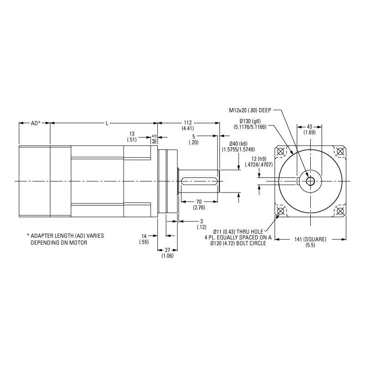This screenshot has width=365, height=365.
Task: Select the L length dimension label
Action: click(x=106, y=123)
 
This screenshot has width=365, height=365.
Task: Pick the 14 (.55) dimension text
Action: click(x=144, y=239)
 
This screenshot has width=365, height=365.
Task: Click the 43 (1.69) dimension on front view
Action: click(x=309, y=129)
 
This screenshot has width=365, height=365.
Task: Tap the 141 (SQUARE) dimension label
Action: click(x=310, y=242)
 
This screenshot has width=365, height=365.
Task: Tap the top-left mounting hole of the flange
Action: click(x=281, y=151)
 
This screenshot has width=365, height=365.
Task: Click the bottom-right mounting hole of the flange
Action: click(x=339, y=210)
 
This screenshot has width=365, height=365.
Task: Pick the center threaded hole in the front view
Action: click(x=310, y=181)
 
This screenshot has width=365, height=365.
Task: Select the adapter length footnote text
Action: click(x=65, y=239)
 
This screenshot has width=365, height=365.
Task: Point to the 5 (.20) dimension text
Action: click(x=194, y=139)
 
